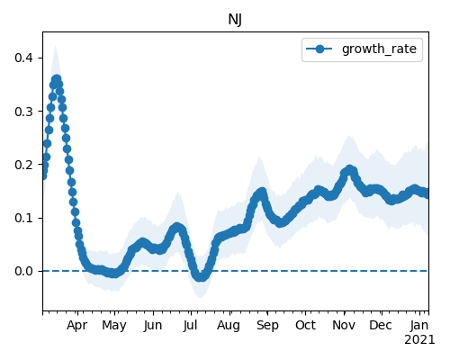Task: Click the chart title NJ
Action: (235, 20)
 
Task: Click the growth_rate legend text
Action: (379, 49)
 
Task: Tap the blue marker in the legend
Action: (319, 49)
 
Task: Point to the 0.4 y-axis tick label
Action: (23, 58)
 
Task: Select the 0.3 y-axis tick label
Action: (23, 112)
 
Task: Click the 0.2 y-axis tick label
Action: (23, 165)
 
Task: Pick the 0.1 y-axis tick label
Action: (23, 218)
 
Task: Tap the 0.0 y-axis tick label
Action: (23, 271)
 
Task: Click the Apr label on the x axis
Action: (77, 326)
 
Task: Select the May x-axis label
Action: (114, 326)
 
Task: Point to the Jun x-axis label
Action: (153, 326)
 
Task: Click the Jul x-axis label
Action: (190, 326)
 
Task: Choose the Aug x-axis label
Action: (229, 326)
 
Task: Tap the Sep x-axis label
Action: (267, 326)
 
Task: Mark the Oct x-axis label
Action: (305, 326)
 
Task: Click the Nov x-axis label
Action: (344, 326)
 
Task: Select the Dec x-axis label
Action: (381, 326)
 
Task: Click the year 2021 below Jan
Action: (419, 340)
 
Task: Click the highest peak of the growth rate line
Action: (56, 80)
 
